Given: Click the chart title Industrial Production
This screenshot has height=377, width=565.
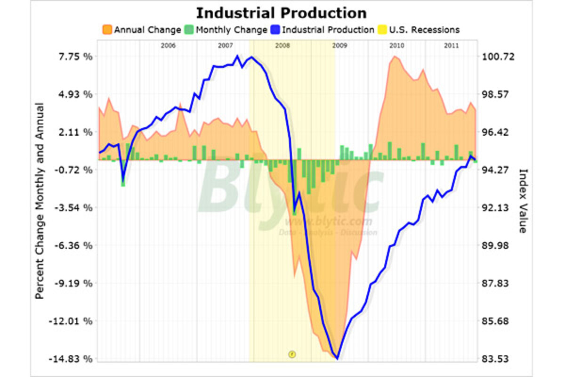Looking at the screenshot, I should (x=281, y=13).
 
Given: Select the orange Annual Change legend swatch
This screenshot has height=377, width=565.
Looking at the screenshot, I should (x=106, y=30).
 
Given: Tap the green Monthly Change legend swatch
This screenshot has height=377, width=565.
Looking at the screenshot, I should (x=188, y=30).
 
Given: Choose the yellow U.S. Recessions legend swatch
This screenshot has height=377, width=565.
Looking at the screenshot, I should (x=382, y=30).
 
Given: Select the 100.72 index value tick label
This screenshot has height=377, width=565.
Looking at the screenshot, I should (x=499, y=57).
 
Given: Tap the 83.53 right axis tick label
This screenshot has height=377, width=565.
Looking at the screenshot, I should (x=499, y=359).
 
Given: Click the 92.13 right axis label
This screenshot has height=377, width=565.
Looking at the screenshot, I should (x=499, y=208).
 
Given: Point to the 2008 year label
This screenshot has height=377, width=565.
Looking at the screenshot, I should (x=282, y=46).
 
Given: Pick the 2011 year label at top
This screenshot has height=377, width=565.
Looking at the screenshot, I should (x=452, y=46).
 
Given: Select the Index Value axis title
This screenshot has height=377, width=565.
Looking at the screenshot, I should (x=522, y=200).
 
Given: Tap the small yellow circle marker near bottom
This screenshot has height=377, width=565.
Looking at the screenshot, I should (x=291, y=353).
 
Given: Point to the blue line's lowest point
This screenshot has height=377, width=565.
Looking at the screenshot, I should (x=337, y=359).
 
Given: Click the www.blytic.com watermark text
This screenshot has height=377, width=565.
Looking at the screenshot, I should (x=328, y=221).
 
